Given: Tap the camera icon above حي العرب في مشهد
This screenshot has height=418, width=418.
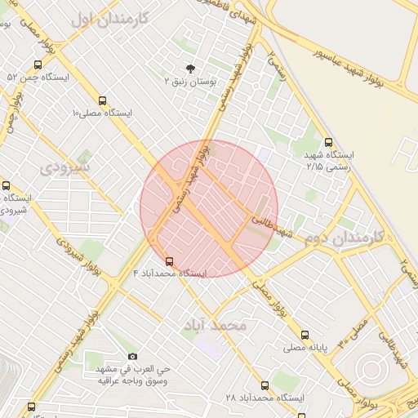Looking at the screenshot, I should coord(133,356).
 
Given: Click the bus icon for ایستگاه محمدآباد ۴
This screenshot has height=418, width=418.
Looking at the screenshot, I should coord(169,261).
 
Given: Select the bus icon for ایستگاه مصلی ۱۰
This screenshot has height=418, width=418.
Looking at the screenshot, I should coord(102,100).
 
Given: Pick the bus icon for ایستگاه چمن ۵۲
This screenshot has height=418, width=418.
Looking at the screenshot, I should coord(38,64).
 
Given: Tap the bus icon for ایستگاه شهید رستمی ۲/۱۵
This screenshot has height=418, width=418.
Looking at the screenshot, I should coord(328,141).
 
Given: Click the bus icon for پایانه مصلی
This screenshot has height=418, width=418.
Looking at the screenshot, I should coord(305,335).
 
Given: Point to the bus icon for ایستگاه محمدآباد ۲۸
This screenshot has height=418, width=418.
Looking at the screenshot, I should coord(264,385).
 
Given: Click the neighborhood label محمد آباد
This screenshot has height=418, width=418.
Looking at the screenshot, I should coord(216,325).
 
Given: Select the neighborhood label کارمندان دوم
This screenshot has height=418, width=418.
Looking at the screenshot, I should coord(347,238).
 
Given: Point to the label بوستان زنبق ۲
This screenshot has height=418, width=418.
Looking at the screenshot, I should coord(189,82).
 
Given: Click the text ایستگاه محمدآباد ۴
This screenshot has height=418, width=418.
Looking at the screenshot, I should coord(171,273).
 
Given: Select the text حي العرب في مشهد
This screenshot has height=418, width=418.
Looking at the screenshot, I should coord(133,368).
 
